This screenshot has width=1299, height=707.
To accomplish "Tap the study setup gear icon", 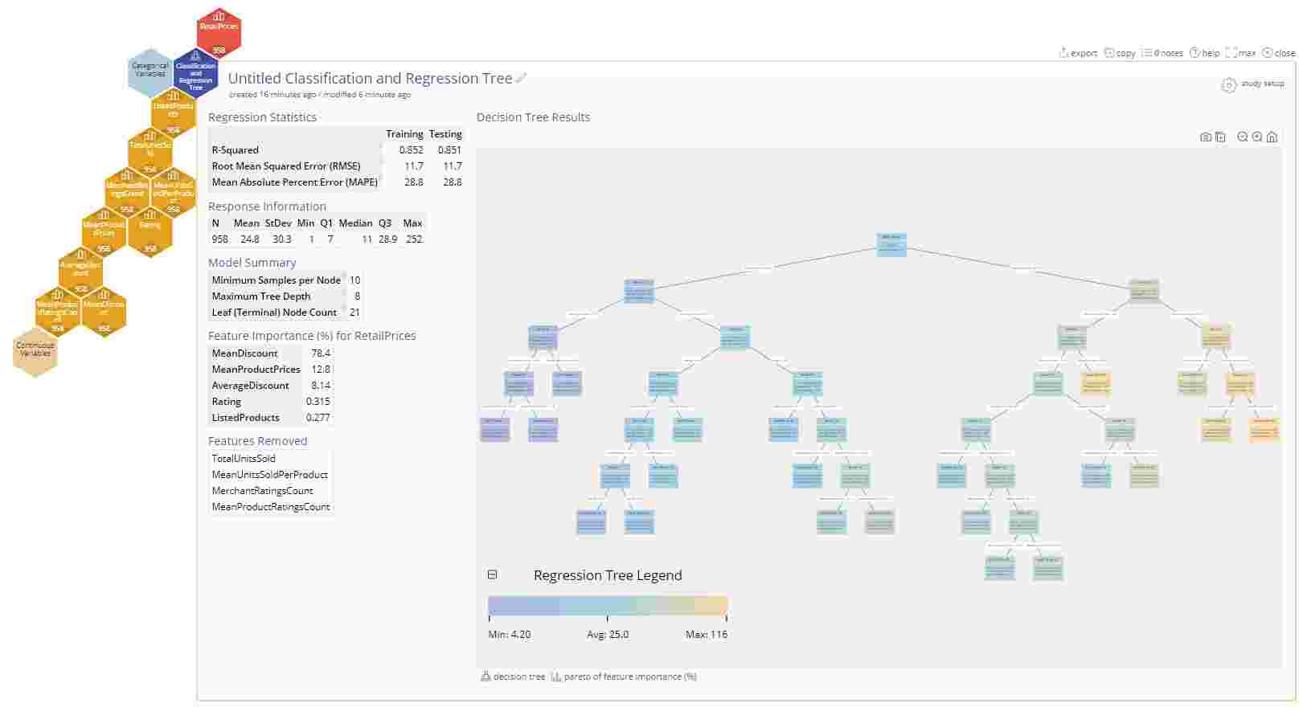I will (1228, 85).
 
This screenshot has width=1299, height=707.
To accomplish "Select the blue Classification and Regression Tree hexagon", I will (195, 75).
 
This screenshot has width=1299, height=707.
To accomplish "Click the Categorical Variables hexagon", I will (150, 71).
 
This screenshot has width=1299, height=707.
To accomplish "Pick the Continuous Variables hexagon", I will (35, 350).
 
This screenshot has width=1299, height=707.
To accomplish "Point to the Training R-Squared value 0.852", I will (411, 150).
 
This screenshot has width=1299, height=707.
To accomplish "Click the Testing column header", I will (445, 134).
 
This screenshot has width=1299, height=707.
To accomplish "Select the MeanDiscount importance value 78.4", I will (320, 353).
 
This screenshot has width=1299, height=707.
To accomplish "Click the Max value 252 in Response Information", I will (412, 239).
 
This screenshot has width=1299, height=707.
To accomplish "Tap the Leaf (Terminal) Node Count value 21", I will (354, 313).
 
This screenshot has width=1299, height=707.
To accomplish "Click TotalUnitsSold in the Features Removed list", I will (244, 459).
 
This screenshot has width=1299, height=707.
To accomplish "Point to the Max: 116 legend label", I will (706, 635).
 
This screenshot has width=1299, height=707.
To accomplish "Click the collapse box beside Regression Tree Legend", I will (493, 574).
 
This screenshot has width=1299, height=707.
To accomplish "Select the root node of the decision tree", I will (891, 245).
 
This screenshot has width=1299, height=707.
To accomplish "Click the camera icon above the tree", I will (1205, 137).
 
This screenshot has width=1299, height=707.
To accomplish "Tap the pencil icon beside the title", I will (522, 78).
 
